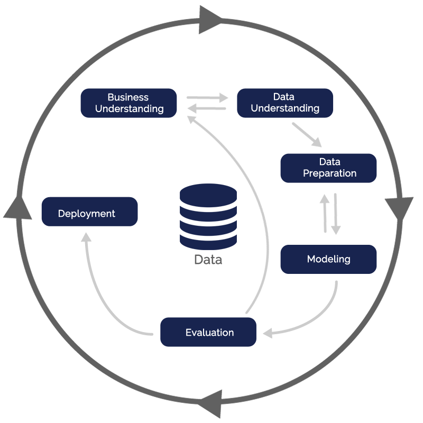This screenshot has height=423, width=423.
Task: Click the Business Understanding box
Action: pos(128,103)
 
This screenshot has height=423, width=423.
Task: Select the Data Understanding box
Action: pos(285,103)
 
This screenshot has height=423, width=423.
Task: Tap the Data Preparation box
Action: pos(328,168)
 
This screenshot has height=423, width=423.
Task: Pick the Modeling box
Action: pos(328,259)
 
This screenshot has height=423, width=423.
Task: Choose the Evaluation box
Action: pos(208,332)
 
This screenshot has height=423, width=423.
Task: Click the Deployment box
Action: pos(89,212)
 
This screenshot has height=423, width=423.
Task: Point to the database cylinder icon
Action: pos(208,216)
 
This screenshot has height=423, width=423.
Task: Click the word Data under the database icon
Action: pos(208,260)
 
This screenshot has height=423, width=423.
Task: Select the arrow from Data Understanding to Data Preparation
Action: pos(307,135)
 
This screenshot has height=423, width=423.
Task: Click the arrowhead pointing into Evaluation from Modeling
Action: pos(268,333)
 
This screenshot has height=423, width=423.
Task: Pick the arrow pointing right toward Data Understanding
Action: pos(207,97)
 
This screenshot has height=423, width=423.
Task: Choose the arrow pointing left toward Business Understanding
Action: pos(207,109)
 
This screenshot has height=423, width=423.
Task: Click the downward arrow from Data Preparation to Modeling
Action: pos(336,214)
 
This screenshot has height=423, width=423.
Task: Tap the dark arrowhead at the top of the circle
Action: pos(210,20)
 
